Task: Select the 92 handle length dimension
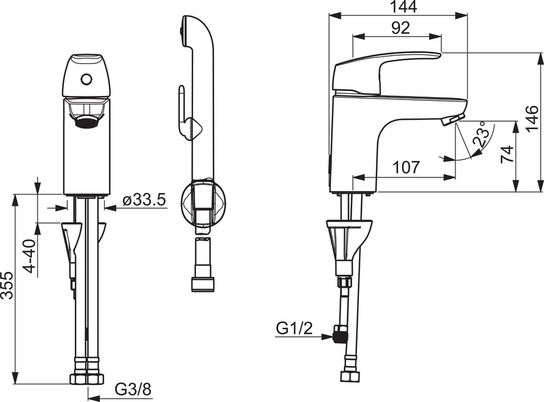pyautogui.click(x=401, y=29)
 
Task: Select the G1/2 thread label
pyautogui.click(x=294, y=329)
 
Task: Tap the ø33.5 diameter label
pyautogui.click(x=144, y=200)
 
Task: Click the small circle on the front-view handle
pyautogui.click(x=86, y=79)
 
